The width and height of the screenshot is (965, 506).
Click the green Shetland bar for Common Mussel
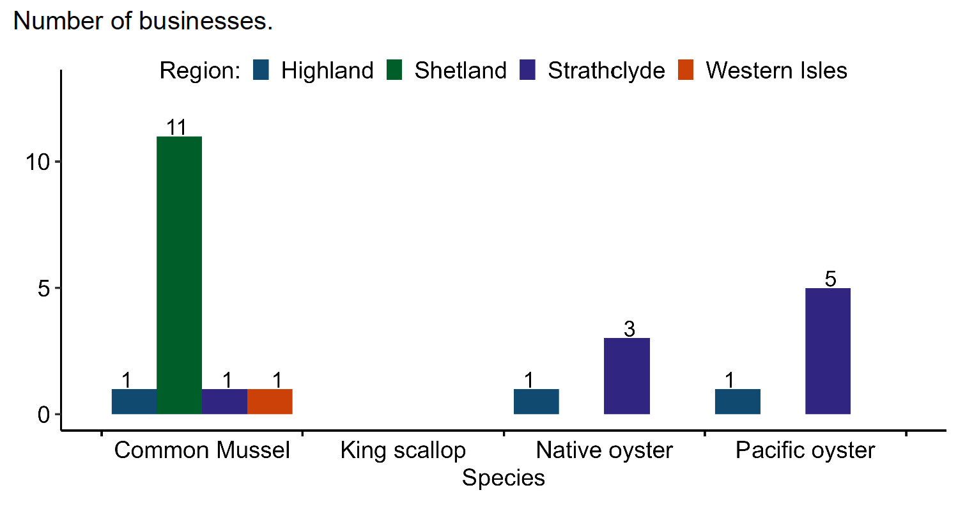[x=180, y=275]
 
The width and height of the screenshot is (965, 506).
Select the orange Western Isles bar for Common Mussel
[x=270, y=401]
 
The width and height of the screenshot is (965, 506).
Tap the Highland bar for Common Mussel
[x=134, y=401]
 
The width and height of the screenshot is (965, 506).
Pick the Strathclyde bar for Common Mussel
[x=224, y=401]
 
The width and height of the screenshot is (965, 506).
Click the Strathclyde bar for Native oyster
[x=627, y=376]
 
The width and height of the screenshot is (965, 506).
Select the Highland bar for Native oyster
[x=536, y=401]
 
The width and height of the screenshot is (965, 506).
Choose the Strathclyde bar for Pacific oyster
[x=828, y=351]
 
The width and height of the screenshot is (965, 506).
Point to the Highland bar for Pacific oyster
[x=737, y=401]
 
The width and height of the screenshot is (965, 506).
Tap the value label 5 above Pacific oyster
[x=830, y=279]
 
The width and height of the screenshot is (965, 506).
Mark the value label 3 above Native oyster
[x=629, y=330]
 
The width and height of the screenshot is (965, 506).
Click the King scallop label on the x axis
[x=403, y=450]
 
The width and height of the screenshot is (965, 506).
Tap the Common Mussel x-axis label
[x=202, y=450]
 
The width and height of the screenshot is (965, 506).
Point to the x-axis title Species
[x=504, y=478]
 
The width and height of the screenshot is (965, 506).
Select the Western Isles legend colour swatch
[x=686, y=70]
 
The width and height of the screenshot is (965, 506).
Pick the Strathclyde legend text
[x=606, y=70]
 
